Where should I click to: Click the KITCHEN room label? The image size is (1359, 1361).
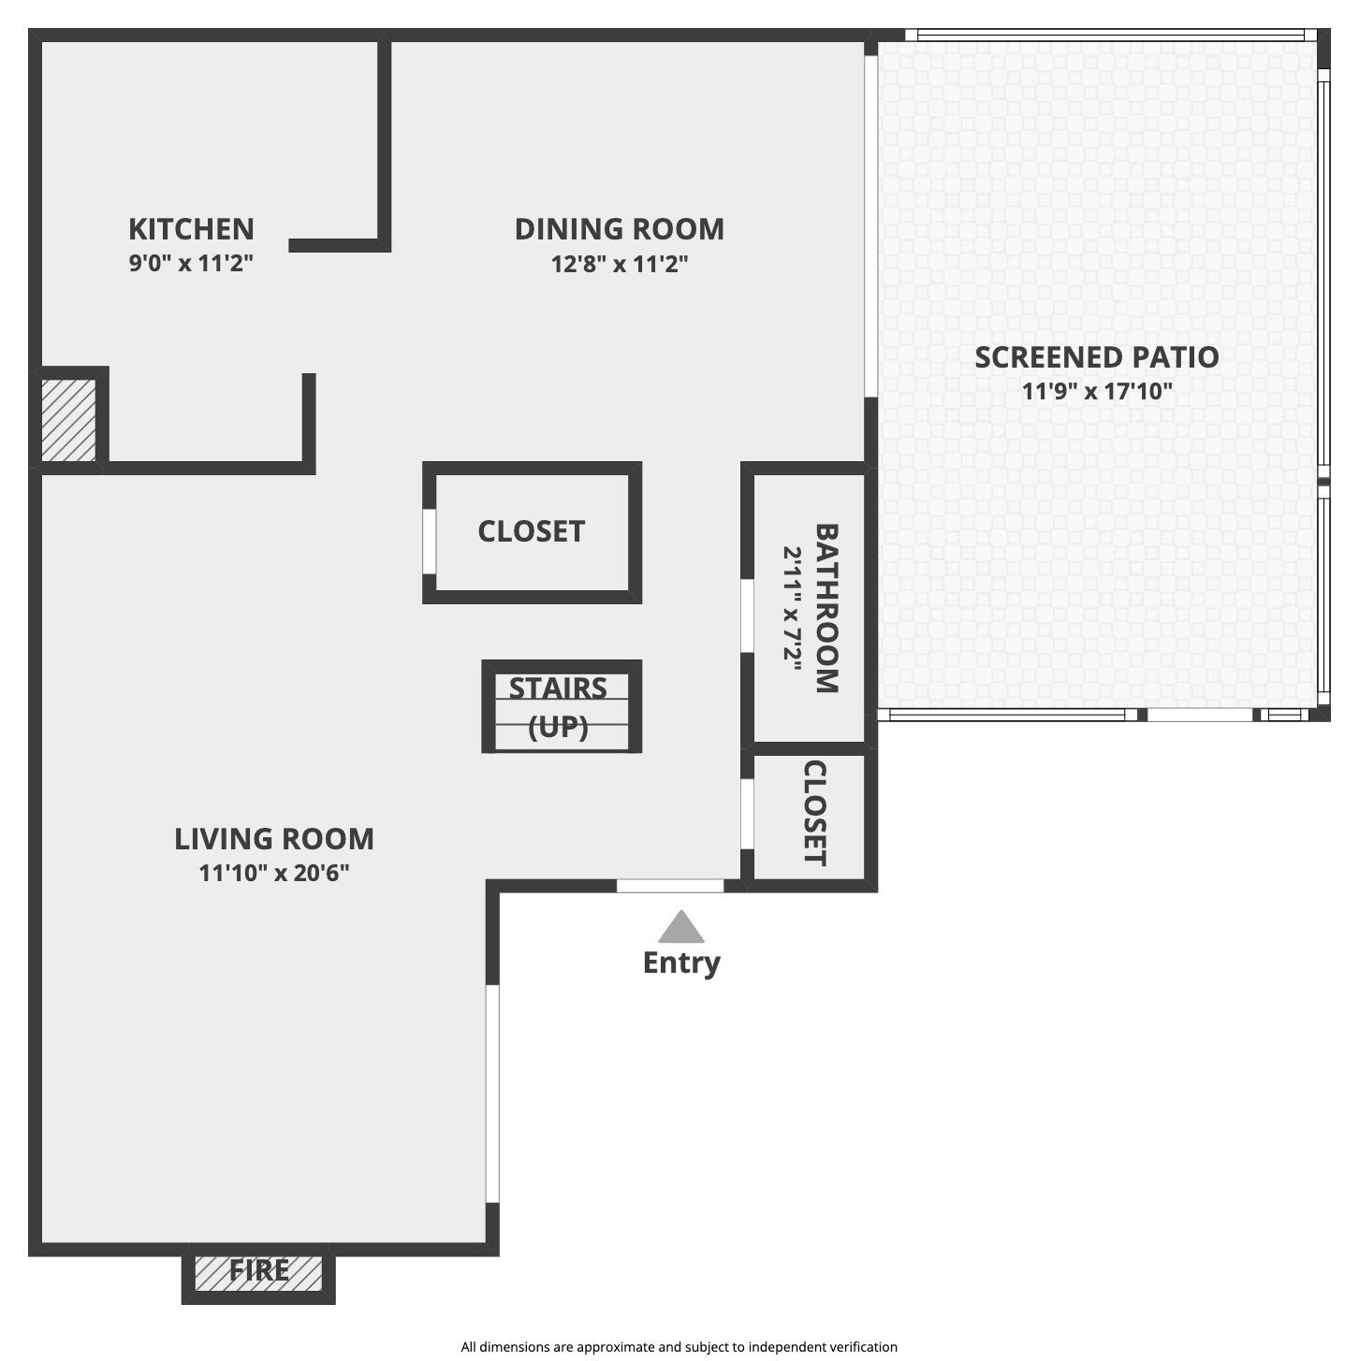[191, 229]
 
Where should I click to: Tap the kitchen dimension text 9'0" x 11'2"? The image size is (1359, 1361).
[191, 263]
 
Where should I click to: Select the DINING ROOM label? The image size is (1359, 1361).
[619, 229]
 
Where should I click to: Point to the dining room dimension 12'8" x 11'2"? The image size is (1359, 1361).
[619, 264]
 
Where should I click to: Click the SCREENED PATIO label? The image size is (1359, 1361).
[1096, 357]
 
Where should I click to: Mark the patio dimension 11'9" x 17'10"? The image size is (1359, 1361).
[1096, 391]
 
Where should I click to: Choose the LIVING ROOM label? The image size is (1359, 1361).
[274, 839]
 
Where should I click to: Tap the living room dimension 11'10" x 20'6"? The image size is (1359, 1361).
[274, 873]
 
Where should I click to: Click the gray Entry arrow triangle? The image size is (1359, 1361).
[680, 928]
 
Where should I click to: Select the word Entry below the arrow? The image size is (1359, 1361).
[680, 963]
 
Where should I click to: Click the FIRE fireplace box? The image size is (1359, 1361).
[258, 1272]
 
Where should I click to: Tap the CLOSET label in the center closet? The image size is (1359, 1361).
[531, 531]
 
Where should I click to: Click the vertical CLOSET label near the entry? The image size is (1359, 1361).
[814, 813]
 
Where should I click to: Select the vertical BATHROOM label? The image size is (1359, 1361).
[826, 608]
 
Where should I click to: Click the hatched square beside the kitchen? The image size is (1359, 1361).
[68, 419]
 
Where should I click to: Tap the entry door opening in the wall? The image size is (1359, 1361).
[670, 886]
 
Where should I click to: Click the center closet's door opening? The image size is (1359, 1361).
[430, 541]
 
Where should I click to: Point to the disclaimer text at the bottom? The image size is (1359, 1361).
[679, 1347]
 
